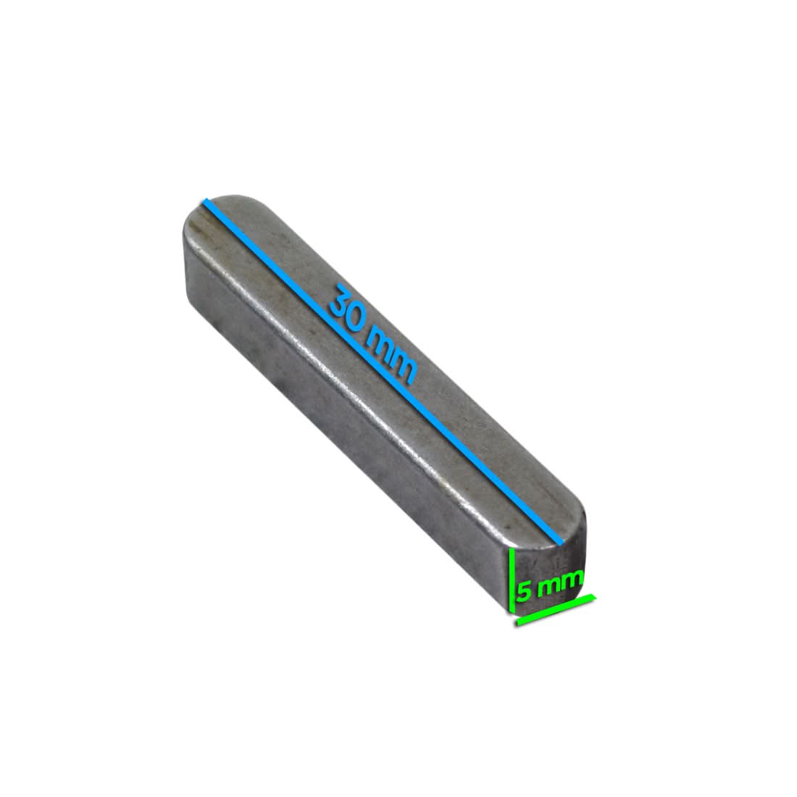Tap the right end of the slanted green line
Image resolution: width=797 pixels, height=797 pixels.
coord(594,598)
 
